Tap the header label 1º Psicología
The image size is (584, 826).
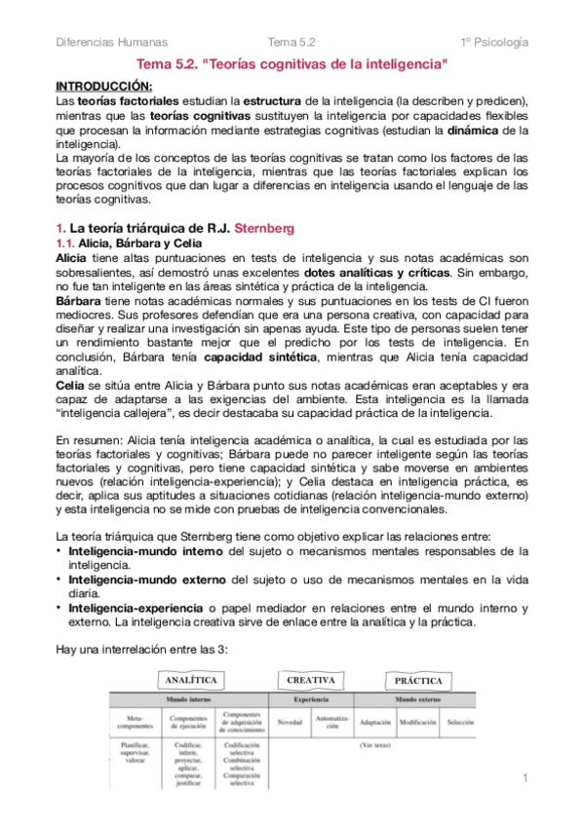495,42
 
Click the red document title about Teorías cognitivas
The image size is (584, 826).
292,64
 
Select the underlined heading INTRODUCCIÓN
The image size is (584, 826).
97,86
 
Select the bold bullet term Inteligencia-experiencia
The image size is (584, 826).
134,609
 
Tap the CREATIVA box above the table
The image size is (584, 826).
312,679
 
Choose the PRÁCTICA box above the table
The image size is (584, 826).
418,680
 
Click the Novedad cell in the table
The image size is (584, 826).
290,723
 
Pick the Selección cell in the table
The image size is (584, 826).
460,723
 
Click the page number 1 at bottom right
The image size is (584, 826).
525,778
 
